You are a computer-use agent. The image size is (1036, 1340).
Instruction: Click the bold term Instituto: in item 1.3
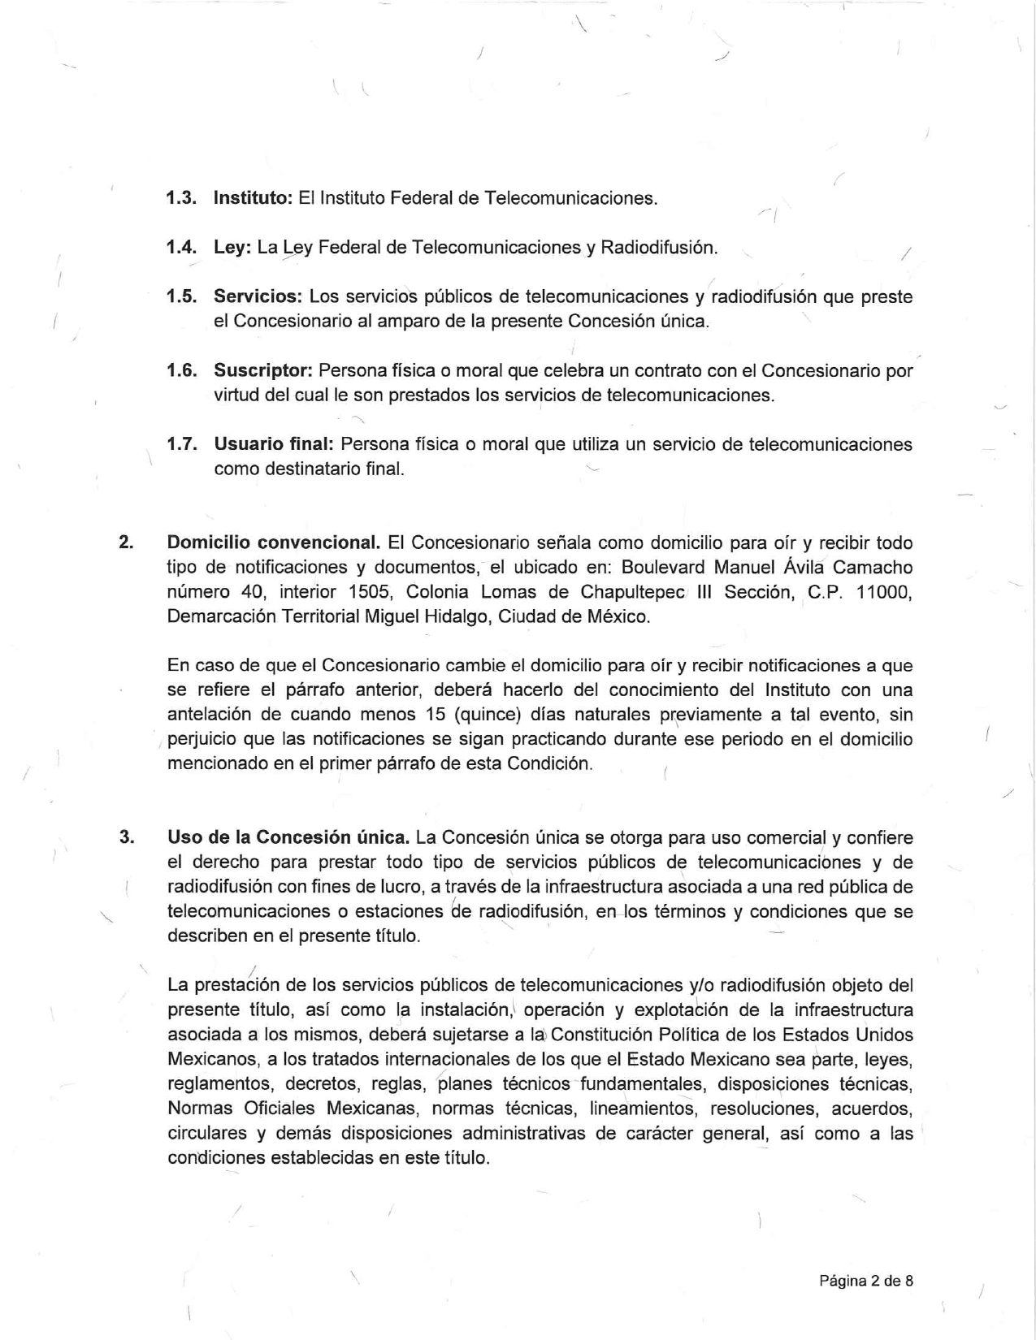click(253, 197)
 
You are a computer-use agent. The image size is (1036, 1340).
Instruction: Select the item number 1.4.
click(181, 247)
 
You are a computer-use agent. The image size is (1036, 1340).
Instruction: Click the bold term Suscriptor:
click(263, 371)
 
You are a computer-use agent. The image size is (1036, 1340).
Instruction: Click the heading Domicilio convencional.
click(274, 542)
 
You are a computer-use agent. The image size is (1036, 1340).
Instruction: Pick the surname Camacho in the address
click(873, 567)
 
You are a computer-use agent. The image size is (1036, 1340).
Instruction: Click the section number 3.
click(125, 837)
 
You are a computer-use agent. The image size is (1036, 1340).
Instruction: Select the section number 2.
click(125, 542)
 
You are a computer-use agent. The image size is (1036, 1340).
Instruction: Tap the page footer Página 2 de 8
click(865, 1281)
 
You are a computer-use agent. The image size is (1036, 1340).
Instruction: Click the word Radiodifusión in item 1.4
click(658, 247)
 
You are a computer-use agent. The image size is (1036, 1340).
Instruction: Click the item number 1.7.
click(181, 444)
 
